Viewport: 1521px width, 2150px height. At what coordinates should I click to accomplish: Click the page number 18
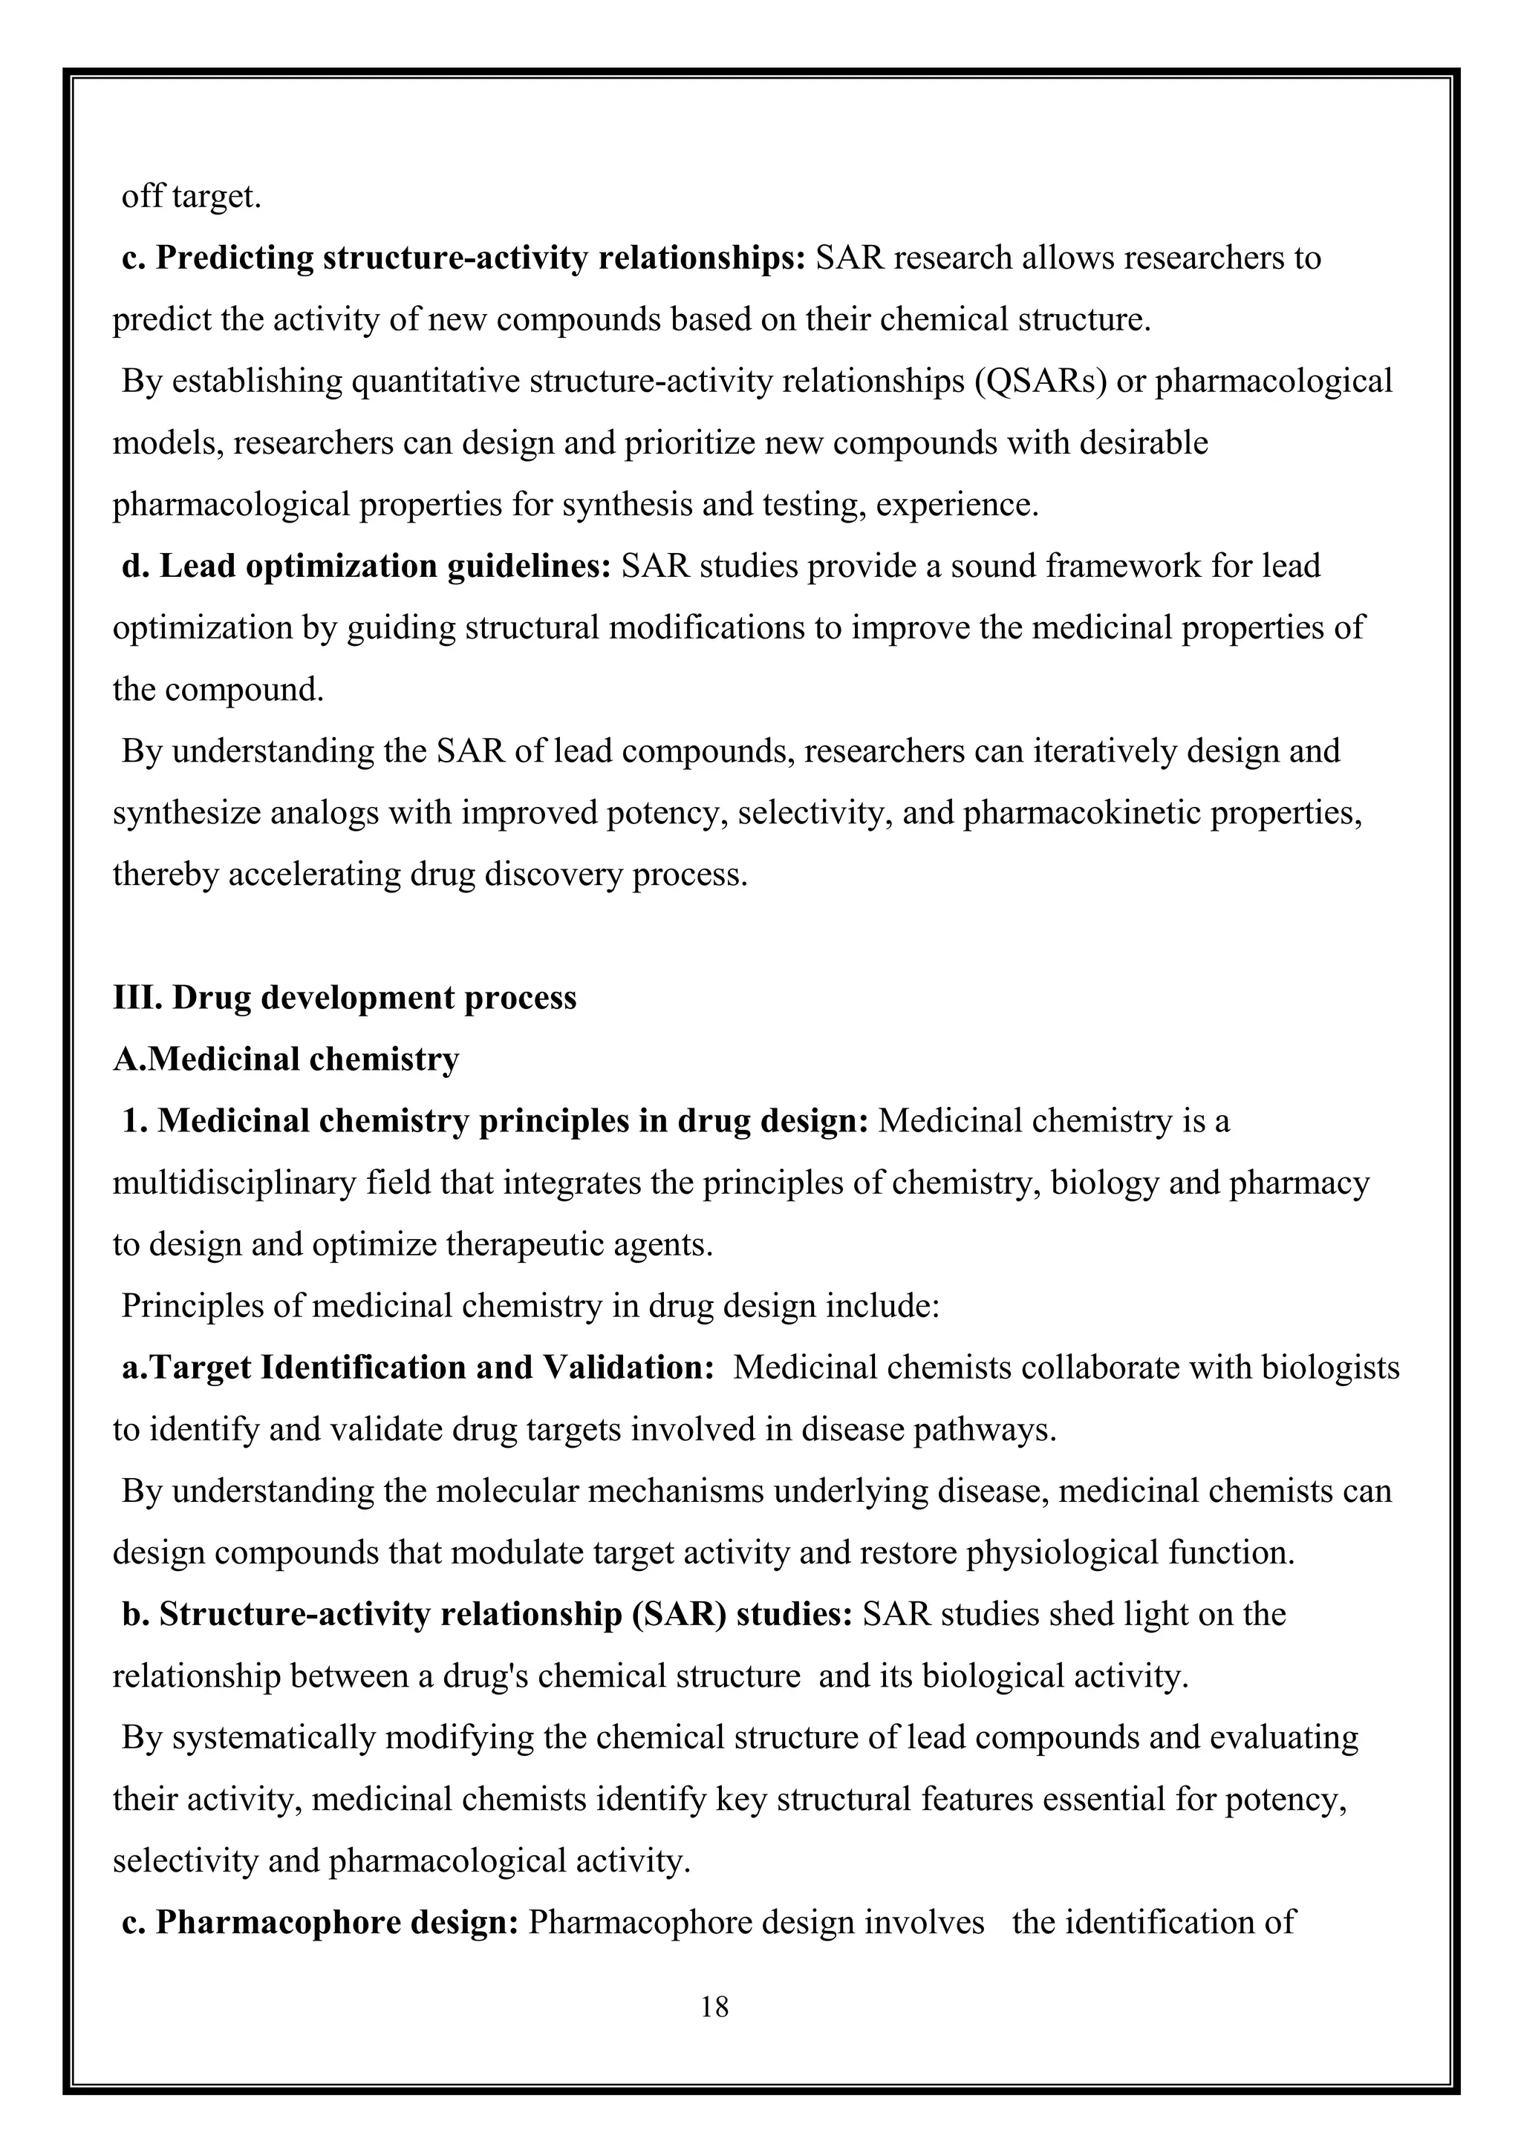click(x=714, y=2006)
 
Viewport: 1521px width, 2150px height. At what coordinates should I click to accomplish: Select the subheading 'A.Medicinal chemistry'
click(x=286, y=1059)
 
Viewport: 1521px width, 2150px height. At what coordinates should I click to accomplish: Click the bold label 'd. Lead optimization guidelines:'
click(x=366, y=566)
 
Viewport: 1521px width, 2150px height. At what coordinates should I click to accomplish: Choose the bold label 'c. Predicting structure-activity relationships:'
click(x=463, y=258)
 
